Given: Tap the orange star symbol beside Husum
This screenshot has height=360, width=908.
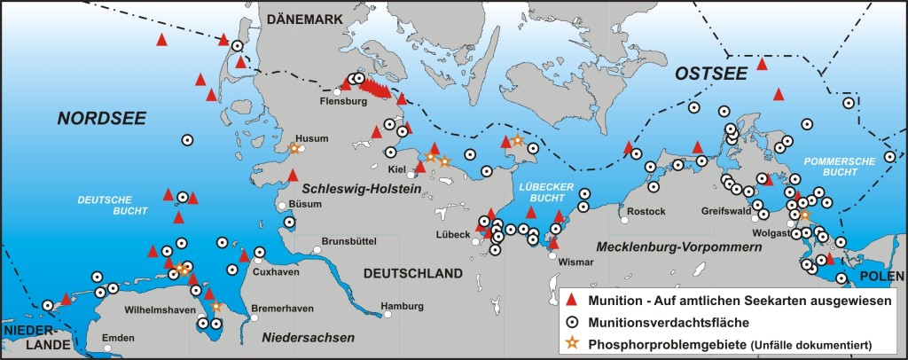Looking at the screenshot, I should point(294,149).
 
